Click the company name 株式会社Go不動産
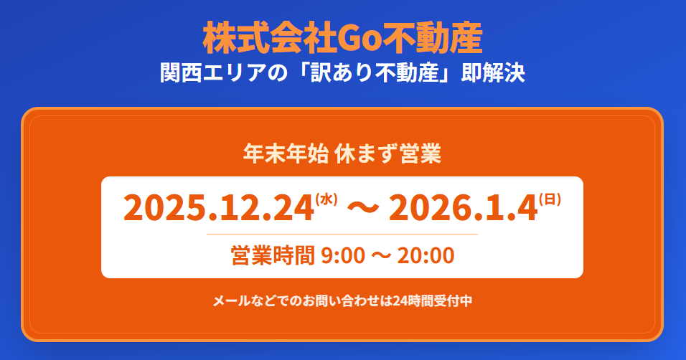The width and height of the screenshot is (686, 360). (342, 38)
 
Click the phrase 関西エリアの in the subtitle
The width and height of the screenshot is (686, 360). (224, 72)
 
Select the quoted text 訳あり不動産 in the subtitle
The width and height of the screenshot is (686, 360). (375, 72)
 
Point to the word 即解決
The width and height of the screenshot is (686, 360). (493, 72)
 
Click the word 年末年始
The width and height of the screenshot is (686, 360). (286, 154)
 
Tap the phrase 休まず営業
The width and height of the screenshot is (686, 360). (387, 154)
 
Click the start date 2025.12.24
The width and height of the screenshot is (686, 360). (219, 208)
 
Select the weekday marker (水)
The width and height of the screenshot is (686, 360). (326, 199)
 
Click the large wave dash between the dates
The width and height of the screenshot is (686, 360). (363, 208)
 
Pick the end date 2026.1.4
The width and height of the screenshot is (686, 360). (464, 208)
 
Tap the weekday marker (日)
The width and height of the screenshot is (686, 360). (550, 199)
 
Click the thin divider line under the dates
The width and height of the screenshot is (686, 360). (342, 235)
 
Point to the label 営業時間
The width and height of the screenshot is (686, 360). (273, 255)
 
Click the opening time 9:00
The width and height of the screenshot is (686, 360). (343, 255)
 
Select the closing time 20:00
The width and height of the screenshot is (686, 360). (426, 255)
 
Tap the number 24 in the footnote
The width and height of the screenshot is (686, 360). (400, 301)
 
